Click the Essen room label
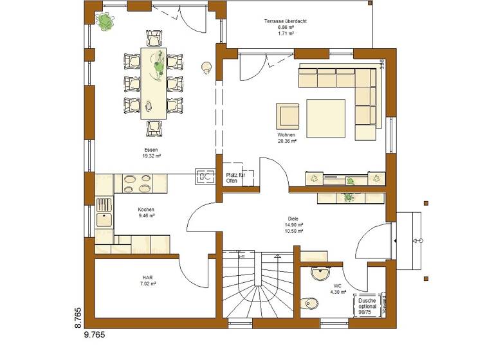pyautogui.click(x=151, y=149)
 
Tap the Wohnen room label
pyautogui.click(x=287, y=135)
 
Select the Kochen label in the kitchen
pyautogui.click(x=146, y=210)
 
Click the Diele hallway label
pyautogui.click(x=293, y=218)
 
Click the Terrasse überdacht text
pyautogui.click(x=285, y=21)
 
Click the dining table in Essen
pyautogui.click(x=153, y=82)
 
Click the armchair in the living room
pyautogui.click(x=288, y=116)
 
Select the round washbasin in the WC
pyautogui.click(x=320, y=274)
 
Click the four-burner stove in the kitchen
pyautogui.click(x=135, y=184)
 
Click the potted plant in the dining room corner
pyautogui.click(x=104, y=21)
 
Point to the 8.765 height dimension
pyautogui.click(x=78, y=319)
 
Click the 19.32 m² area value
pyautogui.click(x=151, y=156)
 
